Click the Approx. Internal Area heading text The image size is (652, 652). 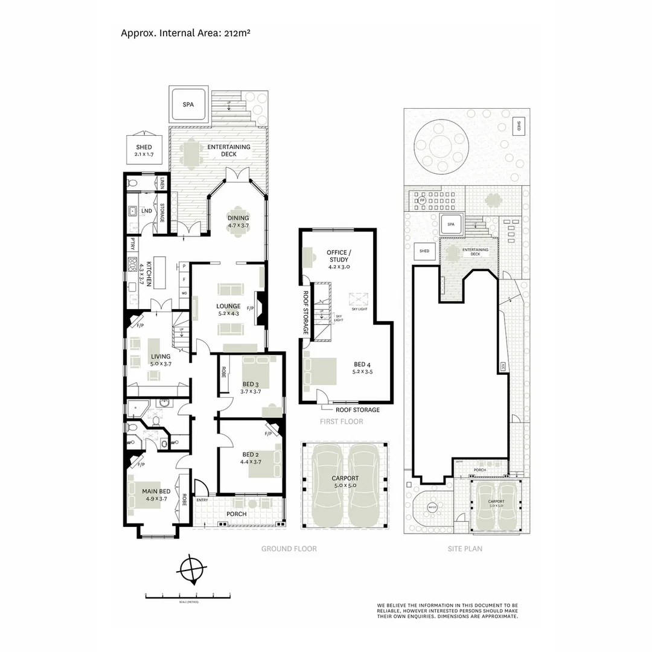point(185,33)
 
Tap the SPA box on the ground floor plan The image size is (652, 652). point(189,104)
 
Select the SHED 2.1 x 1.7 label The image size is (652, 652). point(144,151)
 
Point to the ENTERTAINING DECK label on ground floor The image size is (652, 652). point(229,150)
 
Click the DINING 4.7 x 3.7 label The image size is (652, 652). point(238,222)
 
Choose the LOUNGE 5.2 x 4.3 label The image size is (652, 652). point(229,310)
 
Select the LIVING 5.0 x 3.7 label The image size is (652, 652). point(161,360)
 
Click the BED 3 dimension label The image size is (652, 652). point(251,388)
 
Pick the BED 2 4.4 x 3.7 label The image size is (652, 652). point(251,458)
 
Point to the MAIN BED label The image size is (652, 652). point(154,495)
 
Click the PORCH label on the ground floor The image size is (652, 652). point(236,514)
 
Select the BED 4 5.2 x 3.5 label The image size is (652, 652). point(363,368)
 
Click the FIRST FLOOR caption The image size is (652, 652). point(342,421)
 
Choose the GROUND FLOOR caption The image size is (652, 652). point(289,549)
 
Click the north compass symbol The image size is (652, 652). point(193,569)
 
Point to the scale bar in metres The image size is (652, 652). point(188,596)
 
